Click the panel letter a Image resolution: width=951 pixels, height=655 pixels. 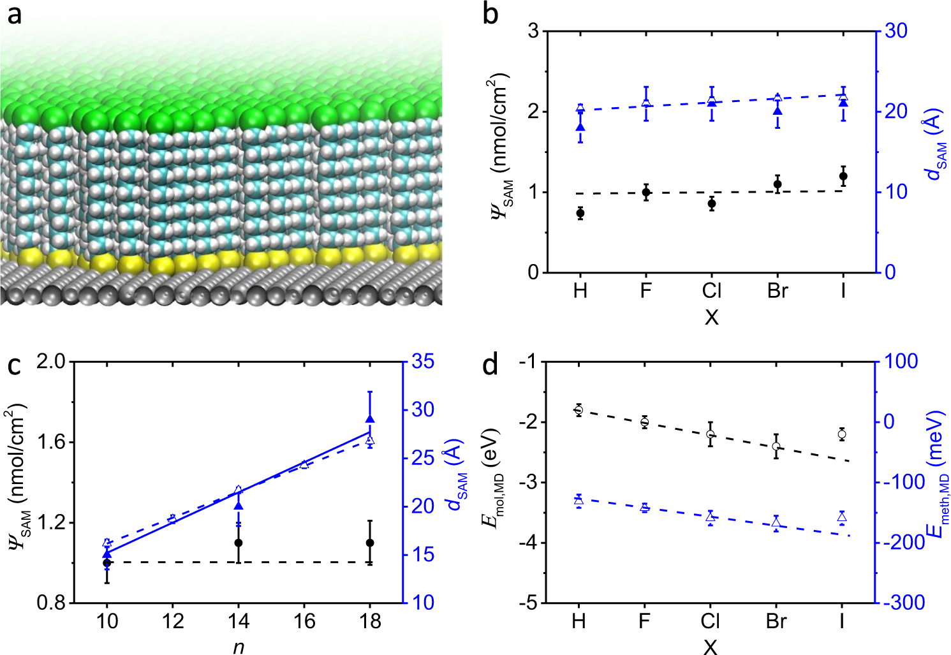tap(14, 14)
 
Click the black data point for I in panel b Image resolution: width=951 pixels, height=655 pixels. tap(843, 176)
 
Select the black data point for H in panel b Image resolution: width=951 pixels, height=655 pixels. tap(580, 213)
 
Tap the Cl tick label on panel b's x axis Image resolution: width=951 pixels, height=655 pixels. tap(711, 291)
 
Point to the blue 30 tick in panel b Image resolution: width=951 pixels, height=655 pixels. tap(896, 31)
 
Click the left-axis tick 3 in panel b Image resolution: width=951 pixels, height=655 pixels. tap(534, 31)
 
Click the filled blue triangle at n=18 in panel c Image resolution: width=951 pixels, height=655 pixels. tap(370, 418)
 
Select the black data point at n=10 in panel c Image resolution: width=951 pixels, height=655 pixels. tap(107, 563)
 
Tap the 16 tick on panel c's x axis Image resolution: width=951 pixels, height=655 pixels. tap(304, 621)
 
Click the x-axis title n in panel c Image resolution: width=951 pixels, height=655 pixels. tap(239, 647)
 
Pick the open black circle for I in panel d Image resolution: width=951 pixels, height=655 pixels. tap(842, 434)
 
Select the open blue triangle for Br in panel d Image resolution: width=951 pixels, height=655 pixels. tap(776, 523)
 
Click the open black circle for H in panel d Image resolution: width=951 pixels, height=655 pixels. tap(579, 410)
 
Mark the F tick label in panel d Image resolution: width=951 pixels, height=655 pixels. tap(644, 621)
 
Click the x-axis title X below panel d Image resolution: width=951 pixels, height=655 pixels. tap(710, 647)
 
